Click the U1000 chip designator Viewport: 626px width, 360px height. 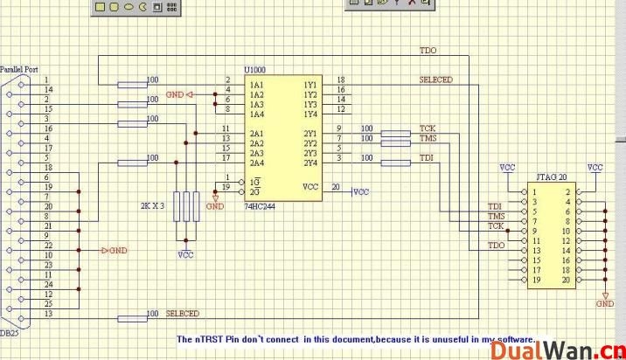(255, 69)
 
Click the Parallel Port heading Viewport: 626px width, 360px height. (18, 69)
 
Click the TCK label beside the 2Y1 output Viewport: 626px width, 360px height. (428, 128)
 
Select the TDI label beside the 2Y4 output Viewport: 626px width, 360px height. (427, 157)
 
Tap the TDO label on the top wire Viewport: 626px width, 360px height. (428, 51)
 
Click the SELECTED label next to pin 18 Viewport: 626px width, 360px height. (436, 80)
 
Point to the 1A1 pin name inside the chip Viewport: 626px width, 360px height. (257, 86)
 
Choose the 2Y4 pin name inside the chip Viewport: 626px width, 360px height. (310, 163)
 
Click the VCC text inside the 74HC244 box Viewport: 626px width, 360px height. (310, 187)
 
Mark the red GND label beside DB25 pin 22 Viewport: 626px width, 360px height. (117, 250)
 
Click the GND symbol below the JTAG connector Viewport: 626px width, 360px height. (604, 303)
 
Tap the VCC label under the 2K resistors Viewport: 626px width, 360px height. (185, 255)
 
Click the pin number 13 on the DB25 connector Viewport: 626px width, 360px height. (49, 313)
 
